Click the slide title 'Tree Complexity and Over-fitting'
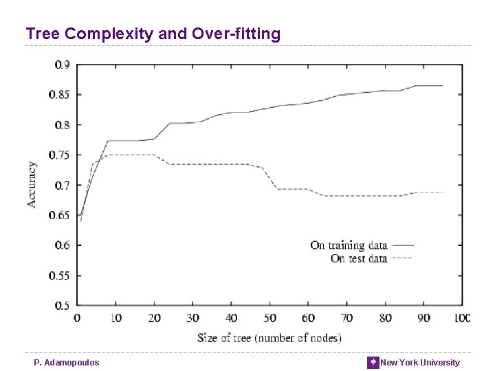point(153,34)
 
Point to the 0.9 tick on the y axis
point(62,65)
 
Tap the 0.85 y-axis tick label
point(60,95)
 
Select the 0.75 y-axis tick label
point(60,155)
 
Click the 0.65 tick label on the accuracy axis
point(60,215)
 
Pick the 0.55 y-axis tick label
point(60,276)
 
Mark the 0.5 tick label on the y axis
point(62,305)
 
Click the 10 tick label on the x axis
point(115,318)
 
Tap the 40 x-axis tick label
point(231,318)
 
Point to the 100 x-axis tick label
point(461,318)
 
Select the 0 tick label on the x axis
point(77,318)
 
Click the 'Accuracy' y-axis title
point(32,184)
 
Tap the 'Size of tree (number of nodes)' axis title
point(269,337)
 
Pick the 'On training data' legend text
point(349,245)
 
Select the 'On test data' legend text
point(359,259)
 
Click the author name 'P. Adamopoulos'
point(67,362)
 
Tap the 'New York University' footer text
point(420,362)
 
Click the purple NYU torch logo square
point(373,362)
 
